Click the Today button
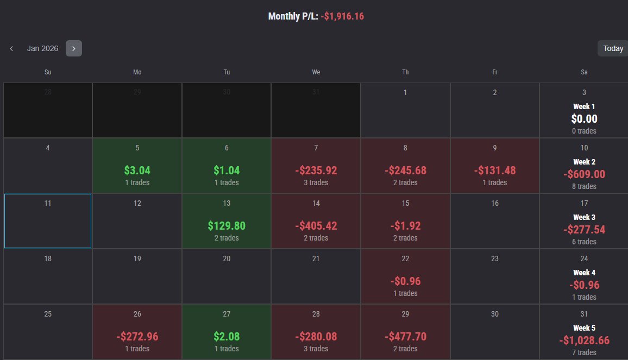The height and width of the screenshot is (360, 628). [x=613, y=48]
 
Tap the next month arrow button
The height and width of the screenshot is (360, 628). [x=74, y=48]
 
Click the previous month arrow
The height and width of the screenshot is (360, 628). [x=11, y=48]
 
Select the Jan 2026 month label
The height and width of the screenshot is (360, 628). [x=42, y=48]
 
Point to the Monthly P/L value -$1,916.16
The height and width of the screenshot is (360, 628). [x=342, y=16]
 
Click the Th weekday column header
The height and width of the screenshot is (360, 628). [x=405, y=72]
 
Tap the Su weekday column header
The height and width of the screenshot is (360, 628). [x=48, y=72]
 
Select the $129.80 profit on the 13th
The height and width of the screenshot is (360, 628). [x=227, y=226]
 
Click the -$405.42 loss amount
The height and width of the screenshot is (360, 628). [x=316, y=226]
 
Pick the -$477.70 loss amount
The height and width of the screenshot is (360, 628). [x=405, y=337]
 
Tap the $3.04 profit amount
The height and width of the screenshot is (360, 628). [x=137, y=170]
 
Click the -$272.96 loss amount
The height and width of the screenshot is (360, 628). [x=137, y=337]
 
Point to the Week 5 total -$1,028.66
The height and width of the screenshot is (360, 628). [x=585, y=340]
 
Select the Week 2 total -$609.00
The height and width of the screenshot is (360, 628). [x=585, y=174]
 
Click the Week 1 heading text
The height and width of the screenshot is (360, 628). [x=584, y=106]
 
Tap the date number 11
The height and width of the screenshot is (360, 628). [x=48, y=204]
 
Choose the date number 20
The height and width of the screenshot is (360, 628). [x=227, y=258]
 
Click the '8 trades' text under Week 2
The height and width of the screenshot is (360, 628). [x=584, y=186]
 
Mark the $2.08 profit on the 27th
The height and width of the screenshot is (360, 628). [x=227, y=337]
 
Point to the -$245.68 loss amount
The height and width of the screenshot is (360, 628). [x=405, y=170]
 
